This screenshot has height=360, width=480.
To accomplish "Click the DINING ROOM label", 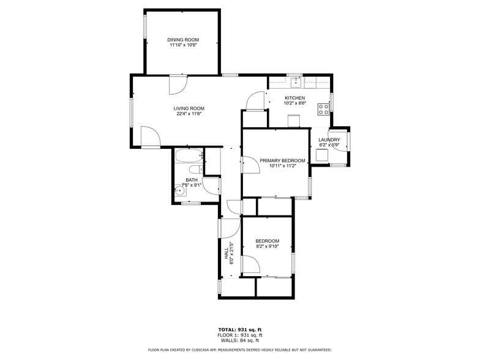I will [x=184, y=40].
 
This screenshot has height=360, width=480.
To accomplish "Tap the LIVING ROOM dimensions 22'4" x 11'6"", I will [x=189, y=113].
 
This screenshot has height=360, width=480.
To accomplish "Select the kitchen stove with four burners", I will [x=323, y=109].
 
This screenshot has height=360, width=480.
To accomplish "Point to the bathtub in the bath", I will [x=187, y=156].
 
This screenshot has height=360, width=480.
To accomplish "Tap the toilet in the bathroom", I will [x=194, y=170].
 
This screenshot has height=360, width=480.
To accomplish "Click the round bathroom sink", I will [x=180, y=191].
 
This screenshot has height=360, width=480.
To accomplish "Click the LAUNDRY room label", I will [x=329, y=140].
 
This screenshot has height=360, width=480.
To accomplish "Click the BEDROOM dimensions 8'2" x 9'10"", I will [x=267, y=247].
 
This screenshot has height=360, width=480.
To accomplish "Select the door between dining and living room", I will [x=178, y=85].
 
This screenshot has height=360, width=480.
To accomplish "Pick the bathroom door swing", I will [x=211, y=185].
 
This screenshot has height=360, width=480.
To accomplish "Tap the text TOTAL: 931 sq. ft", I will [x=239, y=329].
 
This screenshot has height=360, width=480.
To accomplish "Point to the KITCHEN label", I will [x=294, y=98].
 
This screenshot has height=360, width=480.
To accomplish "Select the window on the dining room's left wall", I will [x=145, y=26].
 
